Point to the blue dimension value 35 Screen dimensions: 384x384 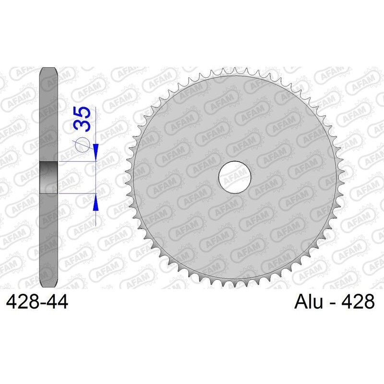point(82,120)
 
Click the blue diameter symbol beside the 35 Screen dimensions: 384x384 point(82,144)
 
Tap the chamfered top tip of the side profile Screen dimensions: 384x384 point(48,68)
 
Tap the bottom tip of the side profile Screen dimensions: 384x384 point(48,287)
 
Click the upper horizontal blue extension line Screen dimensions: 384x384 point(77,162)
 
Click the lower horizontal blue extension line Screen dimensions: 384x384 point(77,193)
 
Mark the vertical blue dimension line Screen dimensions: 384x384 point(96,178)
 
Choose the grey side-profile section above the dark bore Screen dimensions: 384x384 point(48,115)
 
